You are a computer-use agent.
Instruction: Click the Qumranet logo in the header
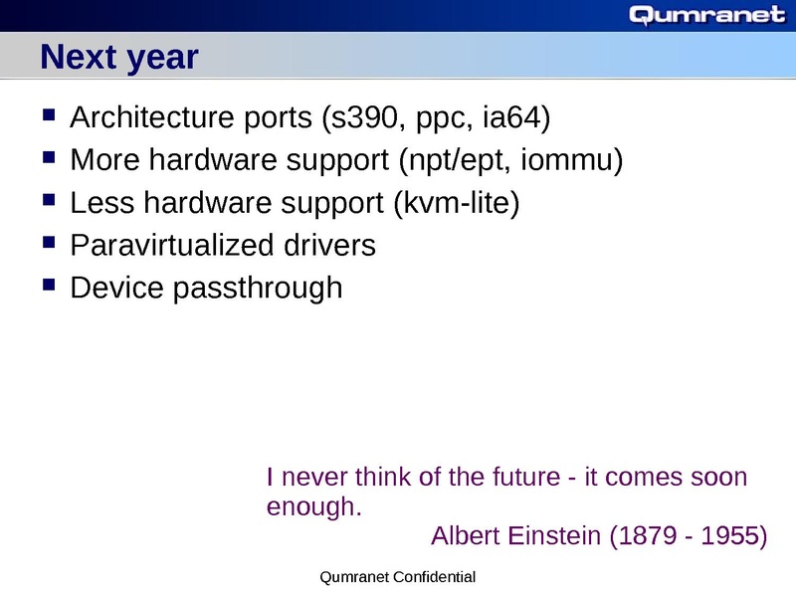click(707, 15)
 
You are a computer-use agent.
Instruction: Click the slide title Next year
click(119, 58)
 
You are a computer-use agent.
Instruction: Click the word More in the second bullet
click(103, 160)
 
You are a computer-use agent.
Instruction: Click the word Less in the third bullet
click(102, 203)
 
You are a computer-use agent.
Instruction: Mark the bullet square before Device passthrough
click(49, 286)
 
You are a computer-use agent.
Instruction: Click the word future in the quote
click(524, 477)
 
